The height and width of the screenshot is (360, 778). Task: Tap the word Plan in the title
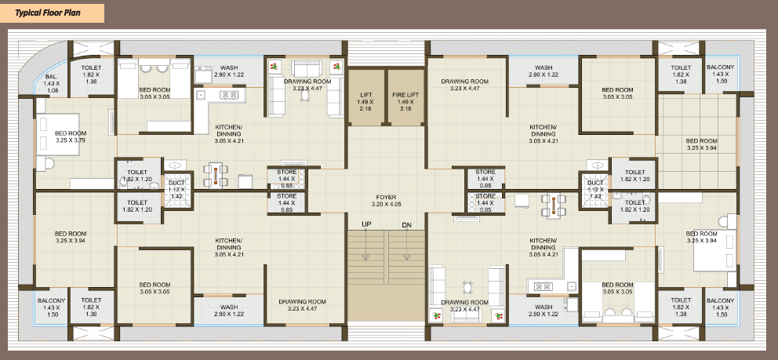(x=72, y=13)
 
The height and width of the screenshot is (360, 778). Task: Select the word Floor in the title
(x=54, y=13)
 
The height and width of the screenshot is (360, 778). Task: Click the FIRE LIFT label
(x=405, y=94)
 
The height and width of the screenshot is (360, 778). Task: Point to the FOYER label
(x=386, y=198)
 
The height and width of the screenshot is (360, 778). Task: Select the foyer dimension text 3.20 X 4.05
(x=386, y=204)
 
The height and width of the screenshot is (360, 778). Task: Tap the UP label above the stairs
(x=366, y=224)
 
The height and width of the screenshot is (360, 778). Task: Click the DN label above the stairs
(x=407, y=225)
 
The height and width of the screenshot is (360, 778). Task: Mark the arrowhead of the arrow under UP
(x=366, y=256)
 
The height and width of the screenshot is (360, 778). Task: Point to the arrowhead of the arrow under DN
(x=407, y=256)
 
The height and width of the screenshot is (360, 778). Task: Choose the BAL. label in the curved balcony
(x=51, y=77)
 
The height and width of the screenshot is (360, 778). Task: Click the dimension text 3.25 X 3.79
(x=71, y=140)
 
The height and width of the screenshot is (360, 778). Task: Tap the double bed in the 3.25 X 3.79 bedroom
(x=57, y=135)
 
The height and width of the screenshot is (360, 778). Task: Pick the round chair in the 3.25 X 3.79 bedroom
(x=48, y=163)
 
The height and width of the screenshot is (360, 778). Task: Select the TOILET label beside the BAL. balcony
(x=91, y=68)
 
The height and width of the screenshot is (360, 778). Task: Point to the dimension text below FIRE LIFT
(x=405, y=105)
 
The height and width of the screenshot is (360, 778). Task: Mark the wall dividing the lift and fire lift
(x=386, y=96)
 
